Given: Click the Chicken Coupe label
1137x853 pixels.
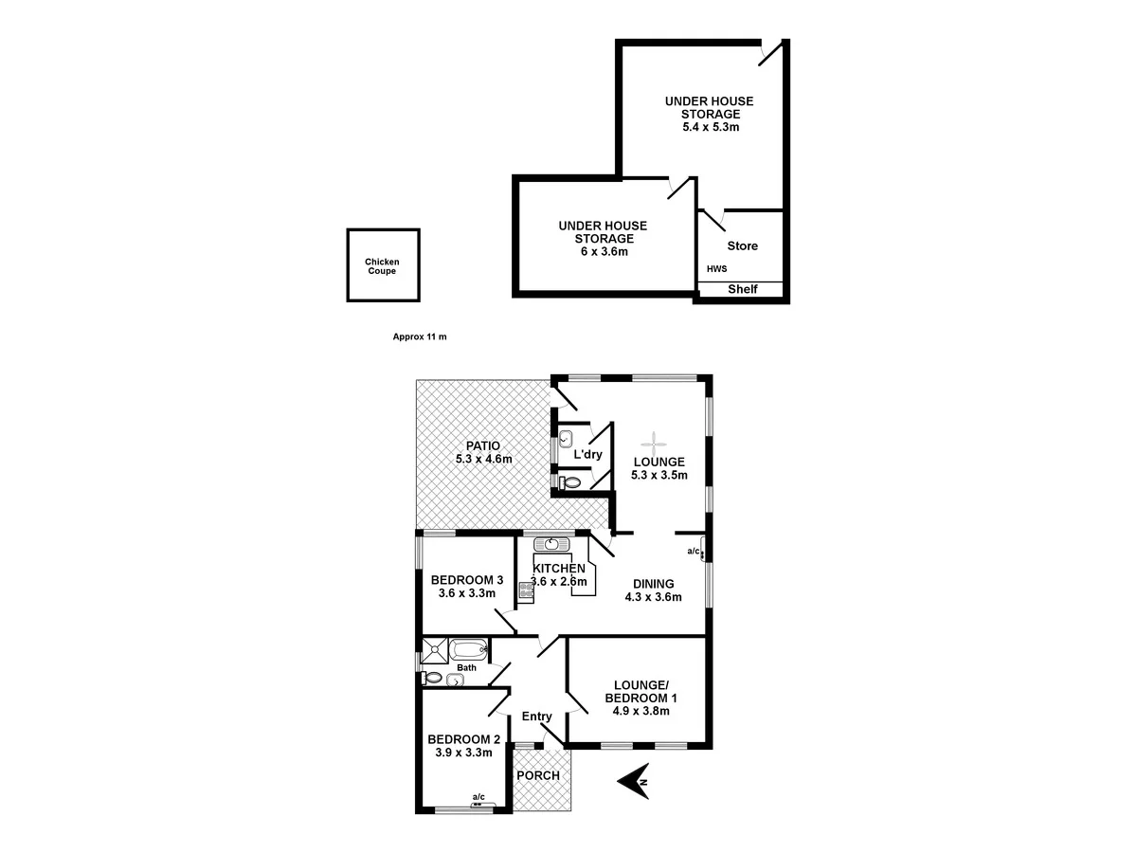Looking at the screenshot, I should pos(382,266).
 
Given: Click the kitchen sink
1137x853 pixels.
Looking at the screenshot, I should pos(550,544).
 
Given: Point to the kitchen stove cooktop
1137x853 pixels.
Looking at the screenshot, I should pos(526,593).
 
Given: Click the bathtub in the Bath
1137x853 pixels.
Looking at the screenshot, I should pos(468,650).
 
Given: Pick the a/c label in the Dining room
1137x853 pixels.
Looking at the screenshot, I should pos(693,551).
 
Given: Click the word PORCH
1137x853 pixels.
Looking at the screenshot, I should pos(537,775).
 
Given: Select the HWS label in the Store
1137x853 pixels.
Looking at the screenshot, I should pos(716,269).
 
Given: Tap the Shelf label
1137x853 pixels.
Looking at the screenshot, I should pos(742,289).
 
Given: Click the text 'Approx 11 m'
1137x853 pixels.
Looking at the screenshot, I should pos(419,336).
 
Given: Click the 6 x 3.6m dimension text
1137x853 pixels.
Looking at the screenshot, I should pos(602,251).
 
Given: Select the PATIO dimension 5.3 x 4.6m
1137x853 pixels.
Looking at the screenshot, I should pos(483,459).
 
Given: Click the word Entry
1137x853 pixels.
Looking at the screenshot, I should pos(536,717).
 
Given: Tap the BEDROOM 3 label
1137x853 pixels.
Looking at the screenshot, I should pos(466,580).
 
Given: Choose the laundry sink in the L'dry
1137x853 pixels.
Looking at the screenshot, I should pos(566,439).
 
